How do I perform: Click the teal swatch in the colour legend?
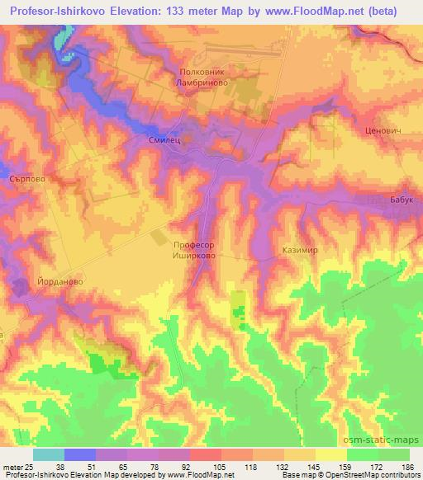[49, 454]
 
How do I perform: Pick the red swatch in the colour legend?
[206, 454]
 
